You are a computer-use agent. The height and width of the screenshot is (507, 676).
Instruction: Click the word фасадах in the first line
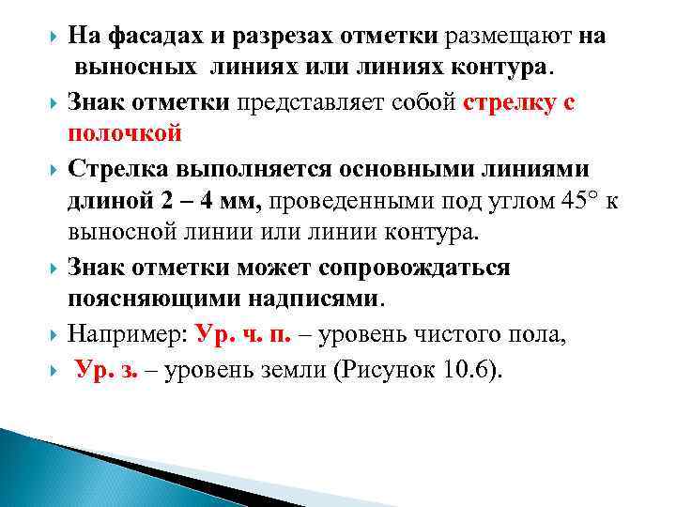pos(149,37)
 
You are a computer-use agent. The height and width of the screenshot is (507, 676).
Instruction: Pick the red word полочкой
pos(124,133)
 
